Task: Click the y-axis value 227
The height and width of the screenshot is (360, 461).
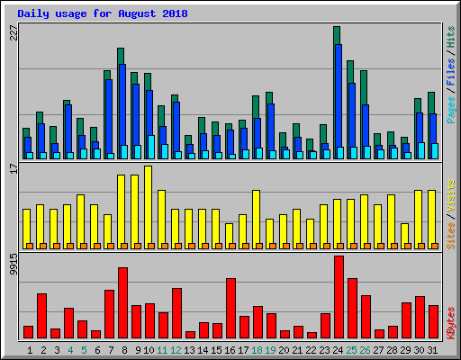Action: coord(12,33)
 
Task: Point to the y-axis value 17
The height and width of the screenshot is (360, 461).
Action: coord(12,168)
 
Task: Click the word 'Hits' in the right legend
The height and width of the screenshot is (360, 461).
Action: coord(451,40)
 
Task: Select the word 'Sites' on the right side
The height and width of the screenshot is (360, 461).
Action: coord(451,232)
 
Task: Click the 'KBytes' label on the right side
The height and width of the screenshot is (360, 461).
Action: coord(451,320)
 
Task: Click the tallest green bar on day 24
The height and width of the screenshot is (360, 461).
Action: coord(336,34)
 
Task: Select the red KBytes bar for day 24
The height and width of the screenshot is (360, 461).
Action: coord(339,297)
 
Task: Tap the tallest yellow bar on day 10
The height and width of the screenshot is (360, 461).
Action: coord(148,207)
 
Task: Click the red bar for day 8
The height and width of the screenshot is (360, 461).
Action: coord(122,302)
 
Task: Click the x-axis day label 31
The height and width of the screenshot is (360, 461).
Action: coord(433,349)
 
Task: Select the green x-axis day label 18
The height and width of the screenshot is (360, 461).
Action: coord(258,349)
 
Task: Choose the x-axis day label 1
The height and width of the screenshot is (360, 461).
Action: coord(30,349)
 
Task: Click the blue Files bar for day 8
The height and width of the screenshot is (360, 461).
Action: coord(122,103)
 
